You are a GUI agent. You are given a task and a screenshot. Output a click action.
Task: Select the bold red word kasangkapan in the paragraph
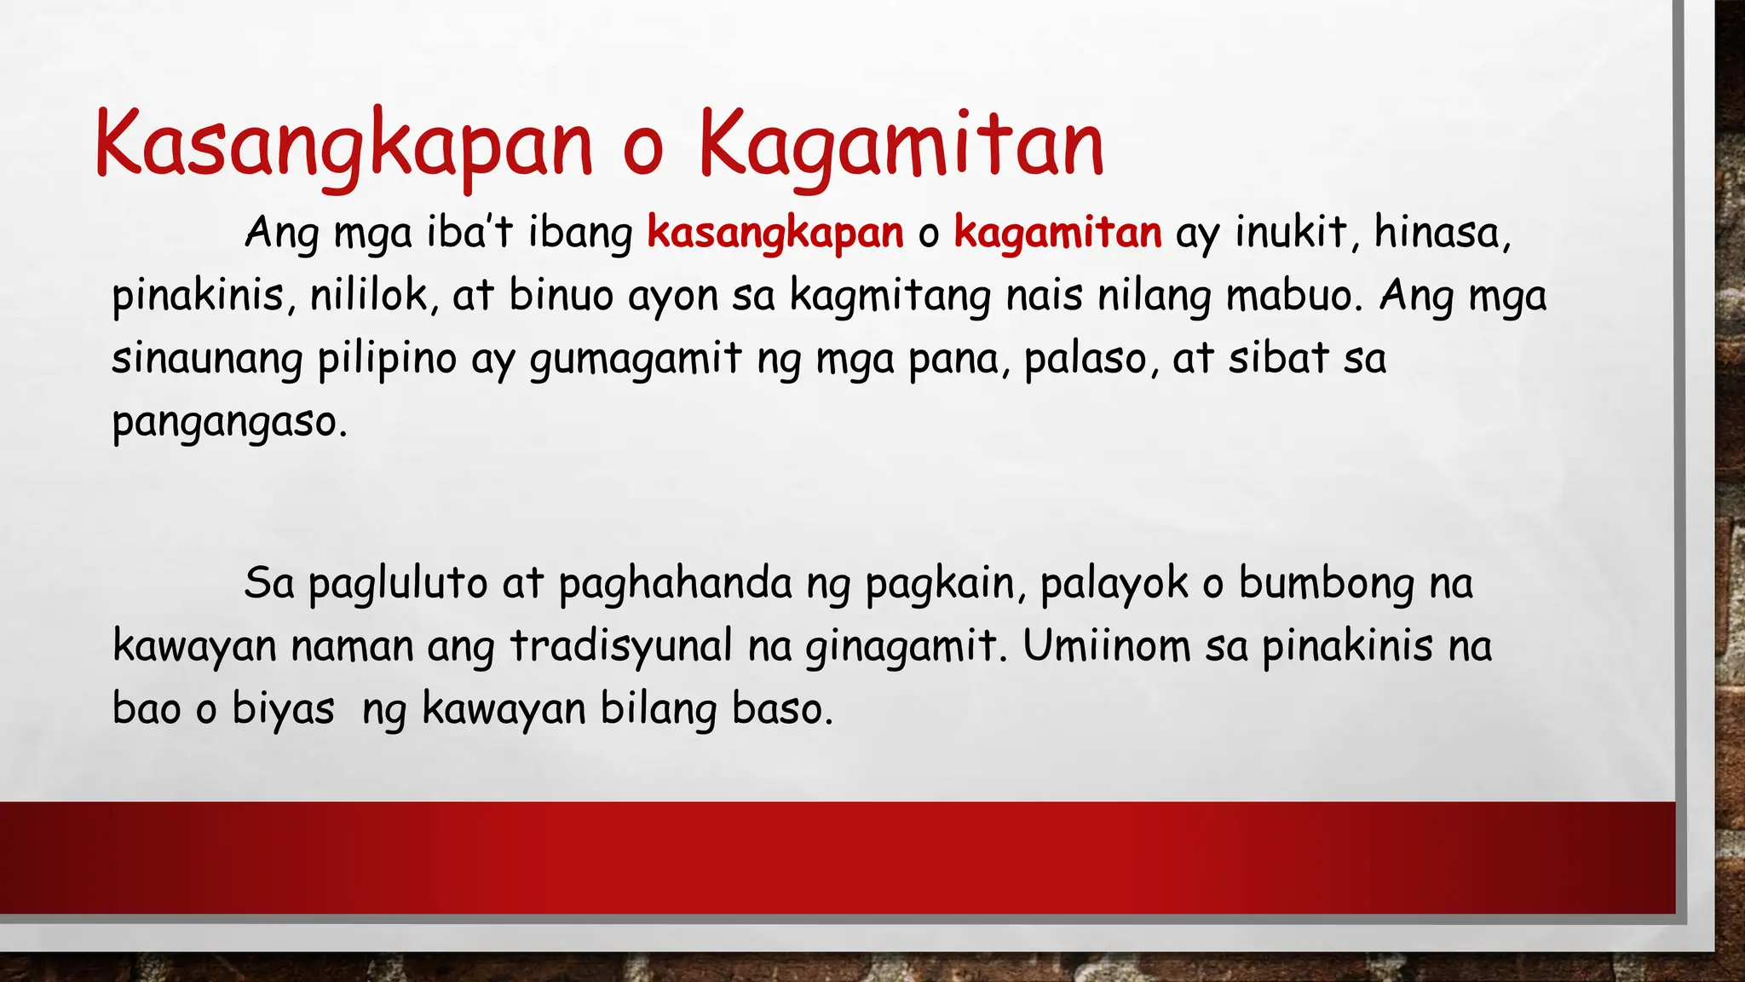pyautogui.click(x=775, y=233)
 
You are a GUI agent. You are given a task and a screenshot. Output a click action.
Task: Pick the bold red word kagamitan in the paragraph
pyautogui.click(x=1057, y=233)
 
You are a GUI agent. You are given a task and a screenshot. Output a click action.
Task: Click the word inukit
pyautogui.click(x=1293, y=232)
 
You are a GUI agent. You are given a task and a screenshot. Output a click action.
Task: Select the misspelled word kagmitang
pyautogui.click(x=890, y=296)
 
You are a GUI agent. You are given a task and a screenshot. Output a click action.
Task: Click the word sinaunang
pyautogui.click(x=207, y=359)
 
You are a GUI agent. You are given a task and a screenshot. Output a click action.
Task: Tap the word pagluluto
pyautogui.click(x=398, y=584)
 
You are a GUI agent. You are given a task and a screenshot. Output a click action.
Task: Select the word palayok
pyautogui.click(x=1114, y=584)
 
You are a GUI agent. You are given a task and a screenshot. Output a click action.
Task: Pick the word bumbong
pyautogui.click(x=1326, y=584)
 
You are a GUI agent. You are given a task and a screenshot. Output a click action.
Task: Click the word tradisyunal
pyautogui.click(x=621, y=646)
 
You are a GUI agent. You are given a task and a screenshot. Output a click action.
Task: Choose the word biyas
pyautogui.click(x=283, y=709)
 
